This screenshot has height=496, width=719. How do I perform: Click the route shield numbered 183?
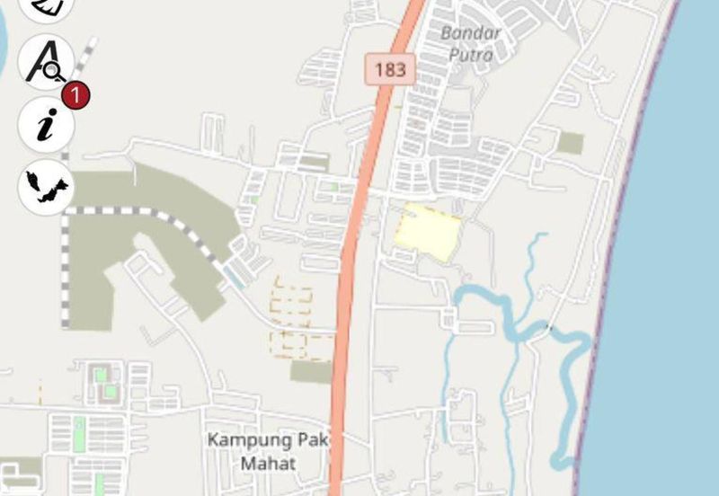[390, 69]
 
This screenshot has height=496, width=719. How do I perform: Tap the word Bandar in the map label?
[471, 33]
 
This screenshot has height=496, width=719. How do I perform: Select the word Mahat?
[266, 464]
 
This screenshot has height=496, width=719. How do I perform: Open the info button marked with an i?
[45, 124]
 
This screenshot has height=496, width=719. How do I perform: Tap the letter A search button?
[43, 61]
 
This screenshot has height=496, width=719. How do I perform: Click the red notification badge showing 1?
[75, 93]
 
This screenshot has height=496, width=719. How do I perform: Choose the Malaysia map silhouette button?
[46, 187]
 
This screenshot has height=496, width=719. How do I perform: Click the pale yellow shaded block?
[428, 230]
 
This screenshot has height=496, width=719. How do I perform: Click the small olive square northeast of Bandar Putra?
[570, 143]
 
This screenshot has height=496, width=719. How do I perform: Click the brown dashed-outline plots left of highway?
[293, 306]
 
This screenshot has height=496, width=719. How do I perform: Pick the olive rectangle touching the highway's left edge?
[312, 371]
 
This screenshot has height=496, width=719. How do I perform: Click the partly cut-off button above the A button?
[45, 7]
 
